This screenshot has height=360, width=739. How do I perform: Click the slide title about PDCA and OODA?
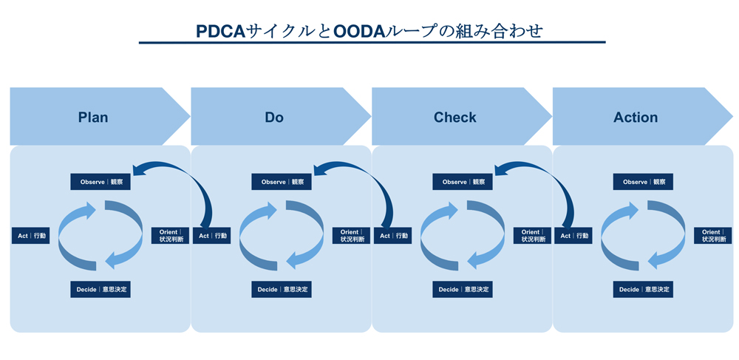point(369,31)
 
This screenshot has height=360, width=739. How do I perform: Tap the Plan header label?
point(93,118)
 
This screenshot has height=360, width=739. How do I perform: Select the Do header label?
point(274,118)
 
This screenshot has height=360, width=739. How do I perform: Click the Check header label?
point(455,118)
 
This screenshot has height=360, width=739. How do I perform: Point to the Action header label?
point(636,118)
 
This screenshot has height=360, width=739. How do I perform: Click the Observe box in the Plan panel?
point(101,182)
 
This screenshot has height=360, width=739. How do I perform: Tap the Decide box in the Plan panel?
point(101,289)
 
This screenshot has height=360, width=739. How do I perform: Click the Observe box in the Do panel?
point(282,182)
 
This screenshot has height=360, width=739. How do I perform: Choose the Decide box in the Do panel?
point(282,289)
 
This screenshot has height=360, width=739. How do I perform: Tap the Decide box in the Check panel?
point(463,289)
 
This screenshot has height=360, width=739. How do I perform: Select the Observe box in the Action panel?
point(643,182)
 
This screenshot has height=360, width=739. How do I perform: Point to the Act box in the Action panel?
point(574,236)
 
